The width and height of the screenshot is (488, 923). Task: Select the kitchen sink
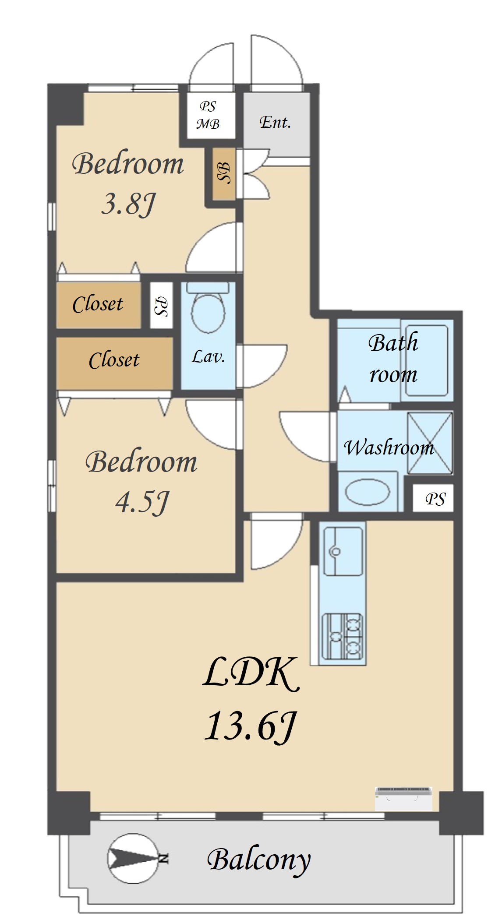(x=343, y=551)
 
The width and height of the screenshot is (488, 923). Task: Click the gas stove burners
(x=343, y=637)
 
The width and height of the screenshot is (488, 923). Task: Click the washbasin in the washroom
(x=368, y=492)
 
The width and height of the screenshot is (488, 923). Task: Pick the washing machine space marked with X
(x=430, y=443)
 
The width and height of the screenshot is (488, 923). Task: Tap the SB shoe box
(x=224, y=173)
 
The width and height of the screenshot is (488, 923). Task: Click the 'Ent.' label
(x=276, y=122)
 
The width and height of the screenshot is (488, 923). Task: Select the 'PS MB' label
(x=208, y=115)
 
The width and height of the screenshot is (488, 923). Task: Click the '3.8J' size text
(x=128, y=204)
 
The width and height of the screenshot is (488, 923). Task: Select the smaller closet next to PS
(x=99, y=305)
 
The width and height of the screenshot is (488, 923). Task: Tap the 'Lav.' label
(x=208, y=357)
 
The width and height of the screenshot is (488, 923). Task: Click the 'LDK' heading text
(x=251, y=672)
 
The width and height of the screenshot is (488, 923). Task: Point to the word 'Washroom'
(x=389, y=447)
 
